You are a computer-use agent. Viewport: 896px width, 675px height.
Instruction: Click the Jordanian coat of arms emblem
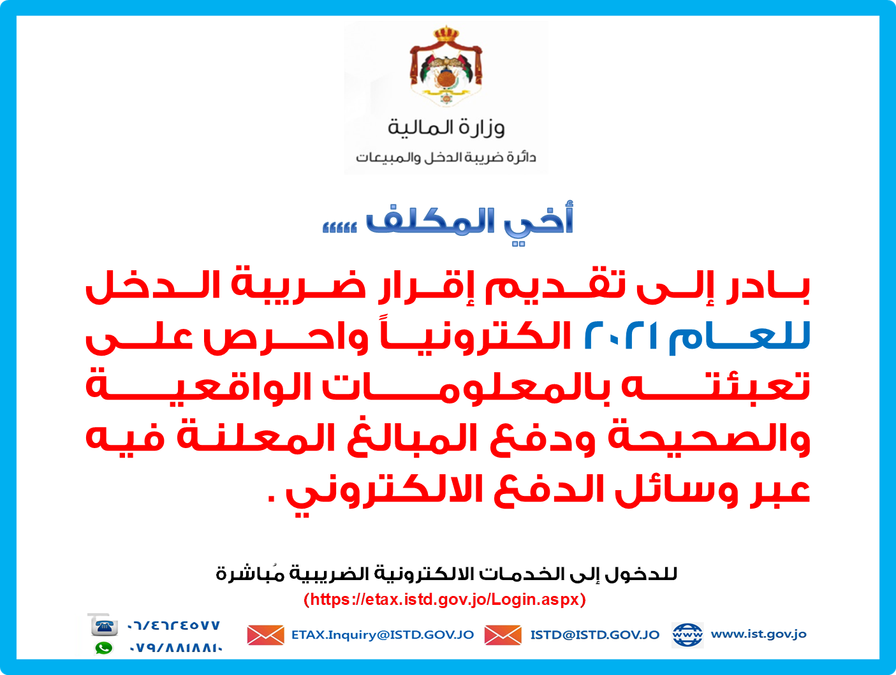[x=446, y=65]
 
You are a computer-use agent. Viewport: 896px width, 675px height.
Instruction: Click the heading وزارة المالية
[x=446, y=127]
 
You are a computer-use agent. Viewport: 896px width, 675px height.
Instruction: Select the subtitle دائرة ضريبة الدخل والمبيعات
[x=446, y=157]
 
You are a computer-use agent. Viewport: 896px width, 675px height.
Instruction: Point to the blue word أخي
[x=539, y=222]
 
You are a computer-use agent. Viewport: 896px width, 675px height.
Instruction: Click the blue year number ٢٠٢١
[x=621, y=335]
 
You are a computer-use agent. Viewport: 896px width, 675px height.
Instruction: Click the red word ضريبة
[x=298, y=286]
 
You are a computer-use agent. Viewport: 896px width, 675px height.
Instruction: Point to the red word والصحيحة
[x=709, y=438]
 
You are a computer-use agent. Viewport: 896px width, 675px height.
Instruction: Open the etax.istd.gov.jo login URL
[x=445, y=600]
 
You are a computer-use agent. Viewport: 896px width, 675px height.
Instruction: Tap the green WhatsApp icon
[x=104, y=648]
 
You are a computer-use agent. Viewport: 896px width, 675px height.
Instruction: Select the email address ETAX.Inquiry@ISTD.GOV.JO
[x=383, y=635]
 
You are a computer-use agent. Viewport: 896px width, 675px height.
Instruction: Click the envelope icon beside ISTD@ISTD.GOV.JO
[x=503, y=635]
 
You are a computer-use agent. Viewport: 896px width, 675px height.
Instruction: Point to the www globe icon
[x=687, y=635]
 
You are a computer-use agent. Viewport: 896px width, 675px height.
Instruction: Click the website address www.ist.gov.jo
[x=758, y=634]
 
